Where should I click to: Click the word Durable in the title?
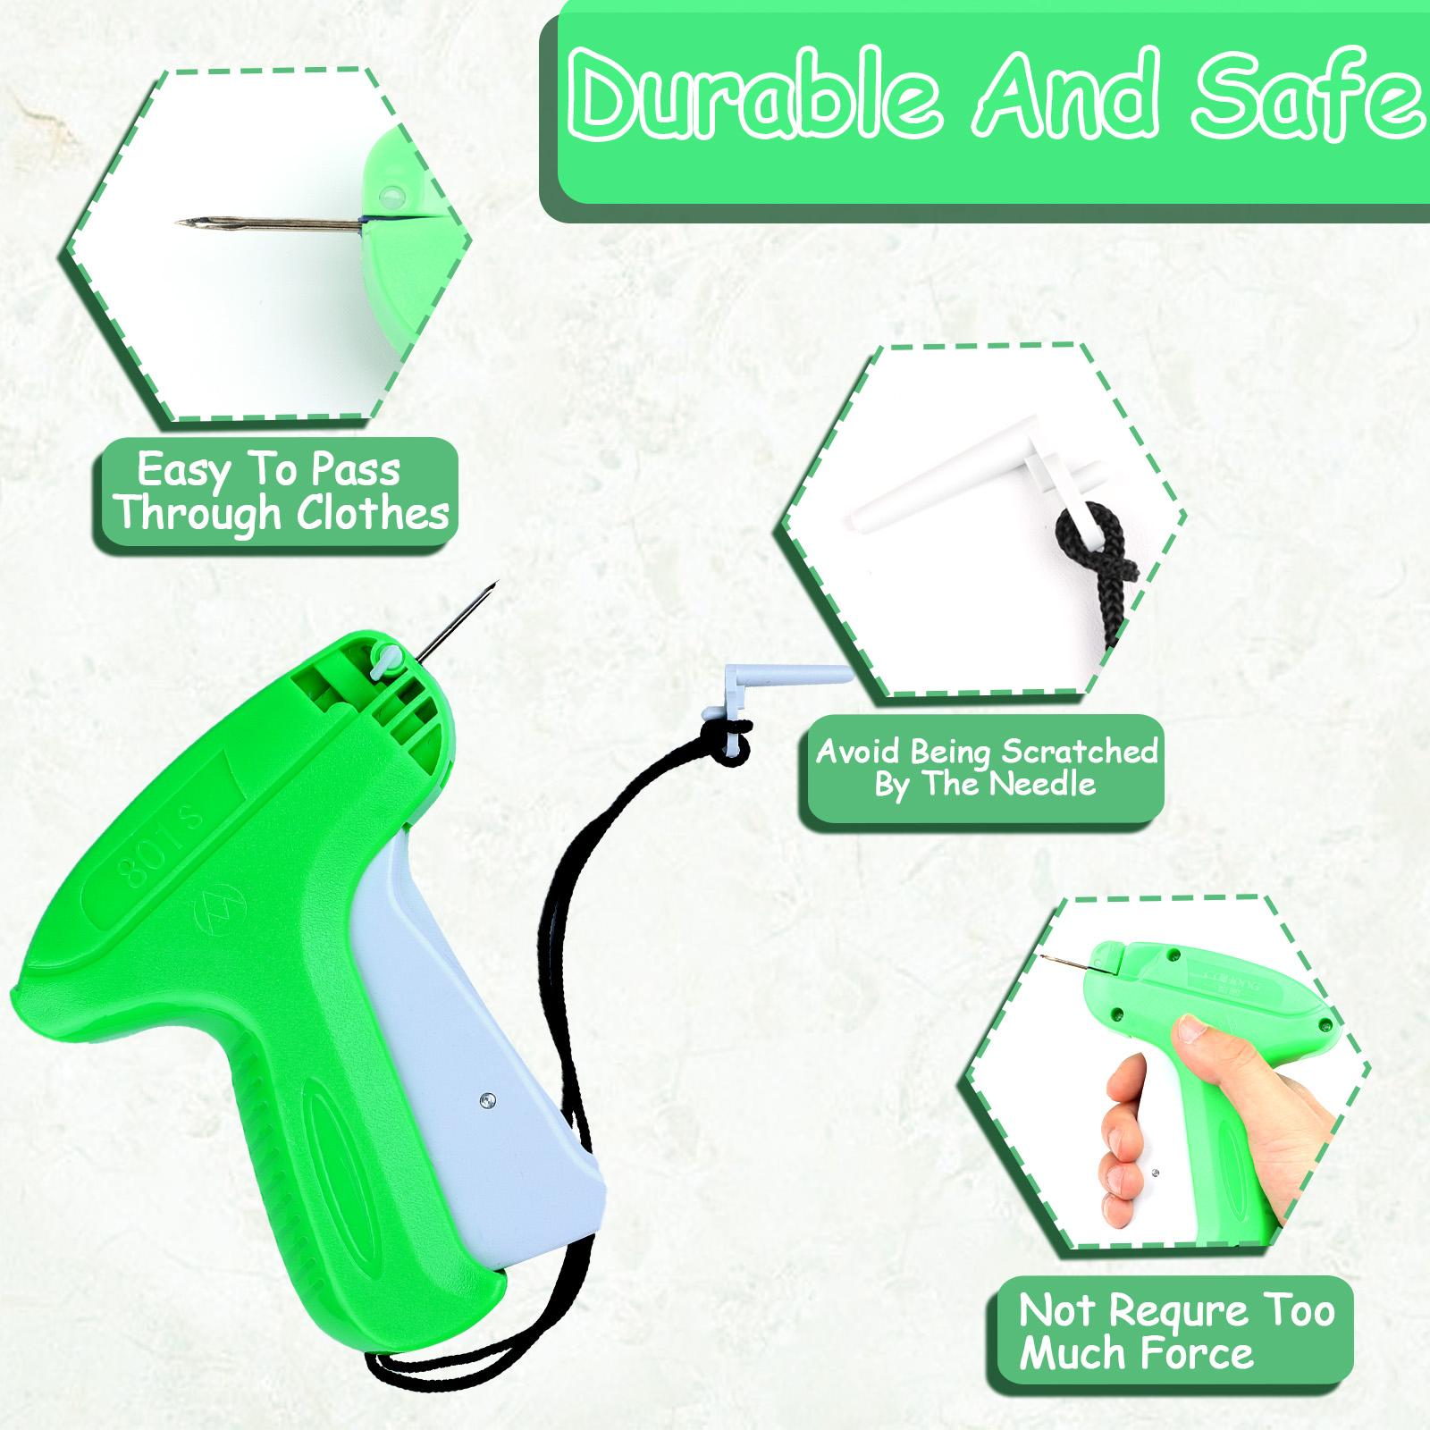755,94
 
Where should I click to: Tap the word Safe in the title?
1308,94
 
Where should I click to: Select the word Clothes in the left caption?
373,514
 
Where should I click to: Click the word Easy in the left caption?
184,471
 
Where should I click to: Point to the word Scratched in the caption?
1080,752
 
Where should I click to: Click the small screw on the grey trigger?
487,1100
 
